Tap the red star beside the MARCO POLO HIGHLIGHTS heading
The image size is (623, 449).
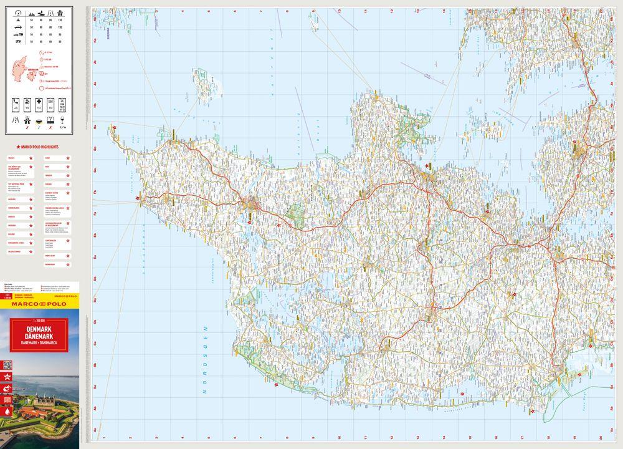click(9, 146)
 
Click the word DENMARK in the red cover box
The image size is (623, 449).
click(39, 329)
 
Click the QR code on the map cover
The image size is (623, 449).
click(7, 365)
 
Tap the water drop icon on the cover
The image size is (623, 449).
click(7, 411)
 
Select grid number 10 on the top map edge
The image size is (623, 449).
click(339, 11)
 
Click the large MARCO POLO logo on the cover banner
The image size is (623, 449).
click(39, 304)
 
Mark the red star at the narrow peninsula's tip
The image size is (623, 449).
click(114, 128)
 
